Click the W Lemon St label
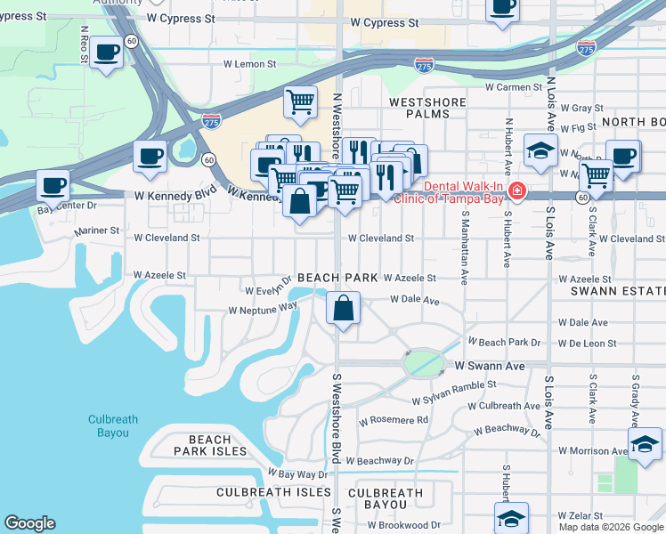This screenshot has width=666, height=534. pyautogui.click(x=250, y=64)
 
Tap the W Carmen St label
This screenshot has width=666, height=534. pyautogui.click(x=514, y=87)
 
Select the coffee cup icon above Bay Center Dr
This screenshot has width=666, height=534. pyautogui.click(x=53, y=186)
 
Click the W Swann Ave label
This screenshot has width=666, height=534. pyautogui.click(x=490, y=366)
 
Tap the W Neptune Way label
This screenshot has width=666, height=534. pyautogui.click(x=262, y=310)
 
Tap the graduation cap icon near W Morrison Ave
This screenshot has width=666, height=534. pyautogui.click(x=646, y=444)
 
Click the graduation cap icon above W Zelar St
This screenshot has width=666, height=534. pyautogui.click(x=512, y=518)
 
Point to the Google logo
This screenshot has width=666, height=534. pyautogui.click(x=29, y=523)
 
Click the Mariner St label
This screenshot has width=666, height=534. pyautogui.click(x=97, y=231)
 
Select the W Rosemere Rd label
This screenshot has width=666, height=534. pyautogui.click(x=393, y=420)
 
